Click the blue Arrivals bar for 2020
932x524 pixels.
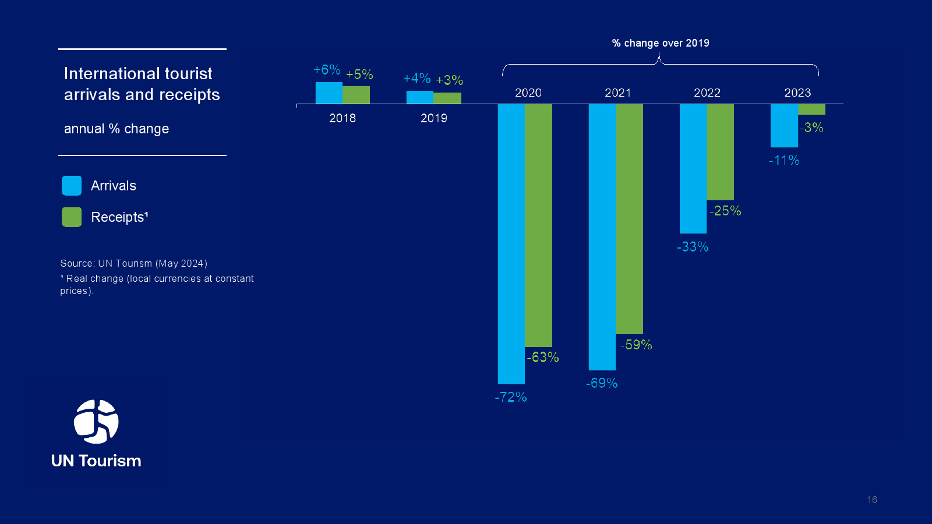[x=511, y=244]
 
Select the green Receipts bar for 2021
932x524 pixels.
[x=630, y=219]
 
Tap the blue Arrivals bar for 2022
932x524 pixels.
[x=693, y=169]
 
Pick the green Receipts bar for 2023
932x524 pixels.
[x=811, y=109]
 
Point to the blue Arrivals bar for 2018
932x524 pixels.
[x=329, y=93]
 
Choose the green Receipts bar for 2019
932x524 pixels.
[x=447, y=98]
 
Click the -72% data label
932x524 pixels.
[x=511, y=397]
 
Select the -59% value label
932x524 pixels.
[x=636, y=345]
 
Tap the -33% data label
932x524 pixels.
[x=693, y=247]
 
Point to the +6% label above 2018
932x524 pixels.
[x=327, y=70]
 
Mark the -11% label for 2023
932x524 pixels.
[x=784, y=160]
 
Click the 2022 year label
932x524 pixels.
[x=707, y=93]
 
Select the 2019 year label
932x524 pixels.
[x=434, y=118]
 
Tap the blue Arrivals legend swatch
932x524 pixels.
[x=72, y=186]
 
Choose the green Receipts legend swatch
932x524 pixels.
[x=72, y=217]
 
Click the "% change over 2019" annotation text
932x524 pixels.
[x=661, y=43]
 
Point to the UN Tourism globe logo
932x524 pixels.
[x=96, y=422]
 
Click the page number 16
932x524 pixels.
[x=872, y=500]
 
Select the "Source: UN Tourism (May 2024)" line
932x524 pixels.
[x=134, y=263]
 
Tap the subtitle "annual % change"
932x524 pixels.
[x=116, y=129]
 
